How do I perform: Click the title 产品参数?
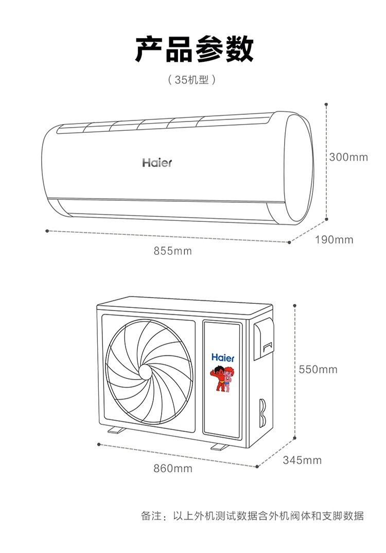(x=194, y=49)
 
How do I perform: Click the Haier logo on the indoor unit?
(x=157, y=163)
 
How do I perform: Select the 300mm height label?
(x=348, y=157)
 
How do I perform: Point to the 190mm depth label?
(x=334, y=240)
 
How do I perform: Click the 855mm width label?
(x=173, y=251)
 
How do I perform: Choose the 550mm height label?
(x=318, y=369)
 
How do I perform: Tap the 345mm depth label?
(x=302, y=460)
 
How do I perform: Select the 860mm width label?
(x=173, y=469)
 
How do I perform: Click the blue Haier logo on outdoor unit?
(x=223, y=358)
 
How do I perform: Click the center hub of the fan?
(x=146, y=371)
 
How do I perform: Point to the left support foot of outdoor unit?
(x=116, y=430)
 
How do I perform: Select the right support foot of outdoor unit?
(x=220, y=446)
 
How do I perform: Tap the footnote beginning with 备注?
(x=252, y=515)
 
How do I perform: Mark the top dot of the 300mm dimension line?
(x=326, y=105)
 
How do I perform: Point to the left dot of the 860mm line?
(x=99, y=444)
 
